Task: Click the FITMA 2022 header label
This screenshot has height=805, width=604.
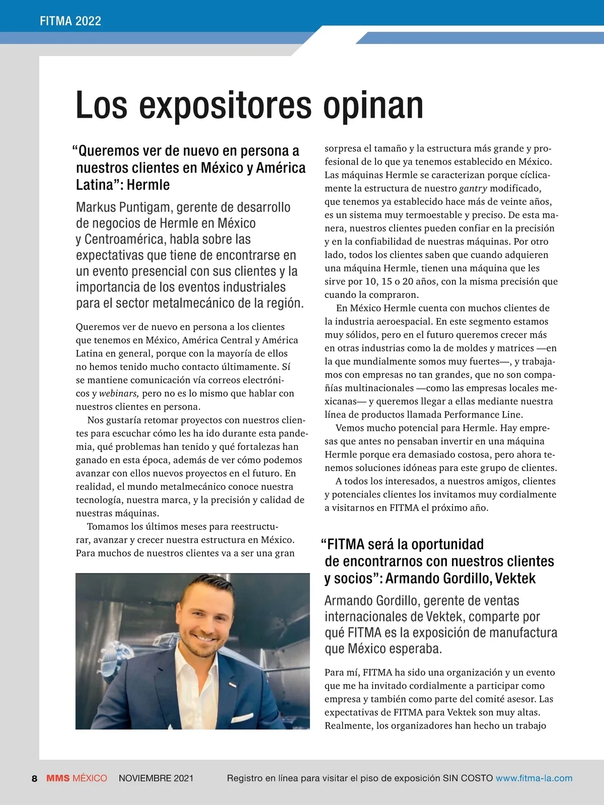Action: [x=70, y=21]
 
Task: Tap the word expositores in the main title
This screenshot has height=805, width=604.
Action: [x=224, y=106]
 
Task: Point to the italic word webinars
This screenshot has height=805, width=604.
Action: [x=119, y=393]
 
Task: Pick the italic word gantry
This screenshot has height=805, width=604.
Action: [x=473, y=189]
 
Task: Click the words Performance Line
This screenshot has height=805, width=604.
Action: [x=483, y=415]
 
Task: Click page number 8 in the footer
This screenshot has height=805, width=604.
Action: [x=34, y=778]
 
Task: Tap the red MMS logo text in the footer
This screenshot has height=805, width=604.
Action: [x=58, y=778]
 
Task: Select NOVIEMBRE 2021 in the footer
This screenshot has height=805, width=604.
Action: [x=156, y=778]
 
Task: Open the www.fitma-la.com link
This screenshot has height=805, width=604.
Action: [x=534, y=778]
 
